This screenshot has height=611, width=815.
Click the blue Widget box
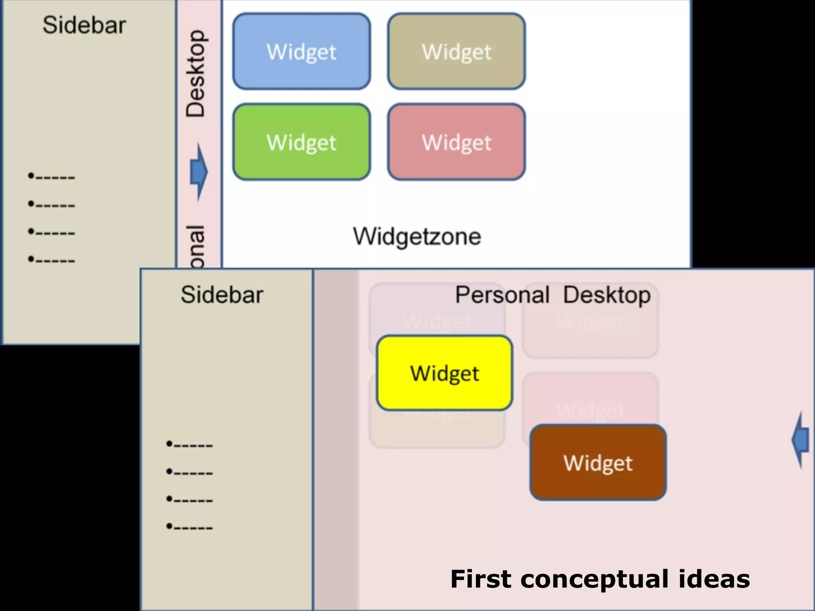[x=302, y=51]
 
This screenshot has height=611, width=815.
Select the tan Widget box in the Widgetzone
[x=456, y=51]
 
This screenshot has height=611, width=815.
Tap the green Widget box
[x=302, y=142]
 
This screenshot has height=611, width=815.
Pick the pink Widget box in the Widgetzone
[x=456, y=142]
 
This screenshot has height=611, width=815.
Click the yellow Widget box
[x=445, y=373]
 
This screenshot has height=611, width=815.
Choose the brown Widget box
[x=598, y=462]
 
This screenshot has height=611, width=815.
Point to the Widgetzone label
[x=417, y=236]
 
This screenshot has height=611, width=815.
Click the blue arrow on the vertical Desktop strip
[x=199, y=172]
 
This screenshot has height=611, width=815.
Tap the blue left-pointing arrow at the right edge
[x=801, y=440]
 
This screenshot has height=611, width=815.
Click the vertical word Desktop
[x=195, y=74]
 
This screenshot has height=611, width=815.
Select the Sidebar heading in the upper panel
[x=84, y=25]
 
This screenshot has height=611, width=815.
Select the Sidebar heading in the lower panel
[x=222, y=295]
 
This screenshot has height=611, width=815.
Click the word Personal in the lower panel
[x=502, y=295]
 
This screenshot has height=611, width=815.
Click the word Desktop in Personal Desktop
[x=607, y=295]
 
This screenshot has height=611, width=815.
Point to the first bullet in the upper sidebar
[x=51, y=176]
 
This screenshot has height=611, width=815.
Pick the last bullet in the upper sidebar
[x=51, y=260]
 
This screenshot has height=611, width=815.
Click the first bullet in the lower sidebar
[x=189, y=444]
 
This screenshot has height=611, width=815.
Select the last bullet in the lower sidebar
[x=189, y=527]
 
